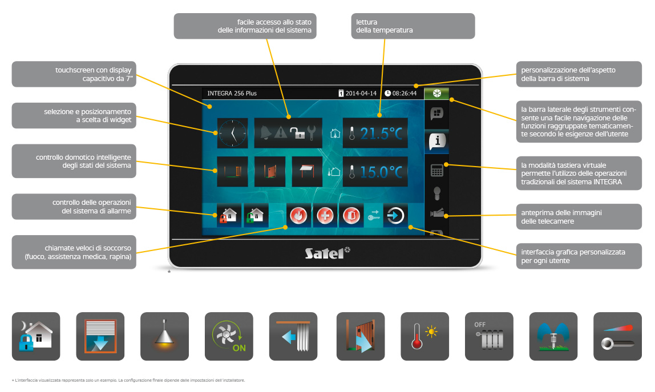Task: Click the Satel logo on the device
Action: pyautogui.click(x=327, y=252)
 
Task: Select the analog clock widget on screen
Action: pyautogui.click(x=233, y=134)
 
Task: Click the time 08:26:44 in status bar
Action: pyautogui.click(x=401, y=93)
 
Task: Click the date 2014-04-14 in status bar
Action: pyautogui.click(x=358, y=93)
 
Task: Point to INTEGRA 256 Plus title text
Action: pyautogui.click(x=232, y=93)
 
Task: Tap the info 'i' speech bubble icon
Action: pyautogui.click(x=437, y=142)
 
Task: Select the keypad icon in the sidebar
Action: pyautogui.click(x=437, y=171)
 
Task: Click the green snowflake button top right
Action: pyautogui.click(x=436, y=93)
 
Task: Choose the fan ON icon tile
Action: pyautogui.click(x=229, y=337)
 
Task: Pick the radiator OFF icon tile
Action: pyautogui.click(x=489, y=337)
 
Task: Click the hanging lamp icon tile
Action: pyautogui.click(x=164, y=337)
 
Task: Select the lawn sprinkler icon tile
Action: pyautogui.click(x=553, y=337)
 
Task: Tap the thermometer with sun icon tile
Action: pyautogui.click(x=425, y=337)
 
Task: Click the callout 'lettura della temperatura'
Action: pyautogui.click(x=413, y=26)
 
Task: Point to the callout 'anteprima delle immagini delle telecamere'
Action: pyautogui.click(x=579, y=216)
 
